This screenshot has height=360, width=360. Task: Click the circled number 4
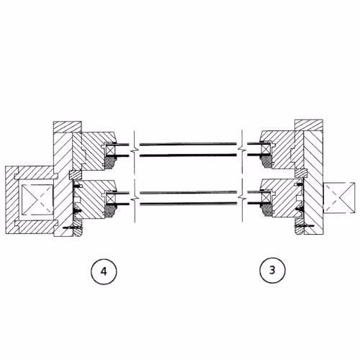pos(104,271)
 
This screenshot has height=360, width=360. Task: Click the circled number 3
pos(272,270)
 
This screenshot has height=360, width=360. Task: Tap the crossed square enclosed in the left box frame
pos(37,199)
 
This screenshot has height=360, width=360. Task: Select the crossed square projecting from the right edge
pos(339,198)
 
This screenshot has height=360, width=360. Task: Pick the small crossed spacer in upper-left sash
pos(111,150)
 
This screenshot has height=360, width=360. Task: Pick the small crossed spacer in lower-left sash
pos(111,199)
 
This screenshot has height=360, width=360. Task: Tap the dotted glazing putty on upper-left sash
pos(111,163)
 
